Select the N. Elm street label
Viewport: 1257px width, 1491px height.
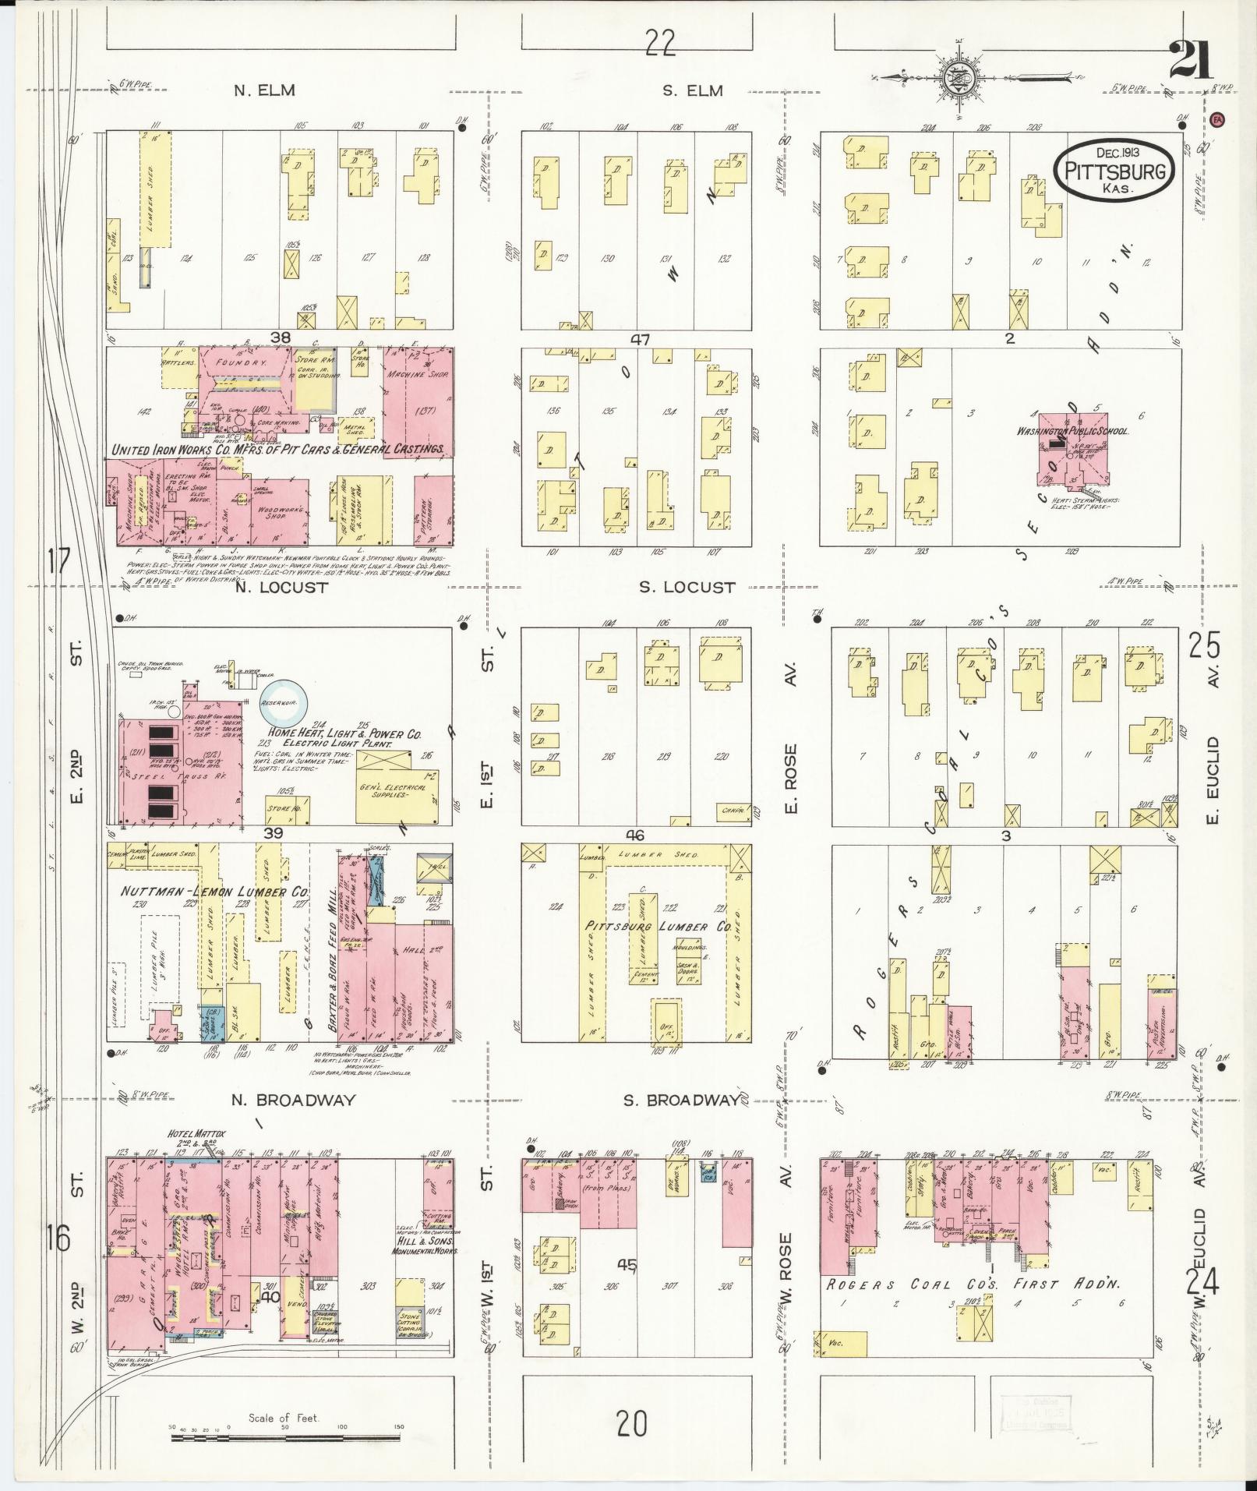(x=265, y=90)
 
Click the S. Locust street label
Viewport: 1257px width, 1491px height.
(x=687, y=587)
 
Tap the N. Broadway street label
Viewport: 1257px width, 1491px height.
(x=294, y=1100)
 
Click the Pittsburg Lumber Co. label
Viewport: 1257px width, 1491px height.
(x=658, y=927)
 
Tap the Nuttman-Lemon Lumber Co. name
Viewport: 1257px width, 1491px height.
(x=215, y=892)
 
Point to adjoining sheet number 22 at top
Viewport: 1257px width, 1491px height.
(x=659, y=44)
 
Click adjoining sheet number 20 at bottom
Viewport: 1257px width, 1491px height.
(x=631, y=1425)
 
